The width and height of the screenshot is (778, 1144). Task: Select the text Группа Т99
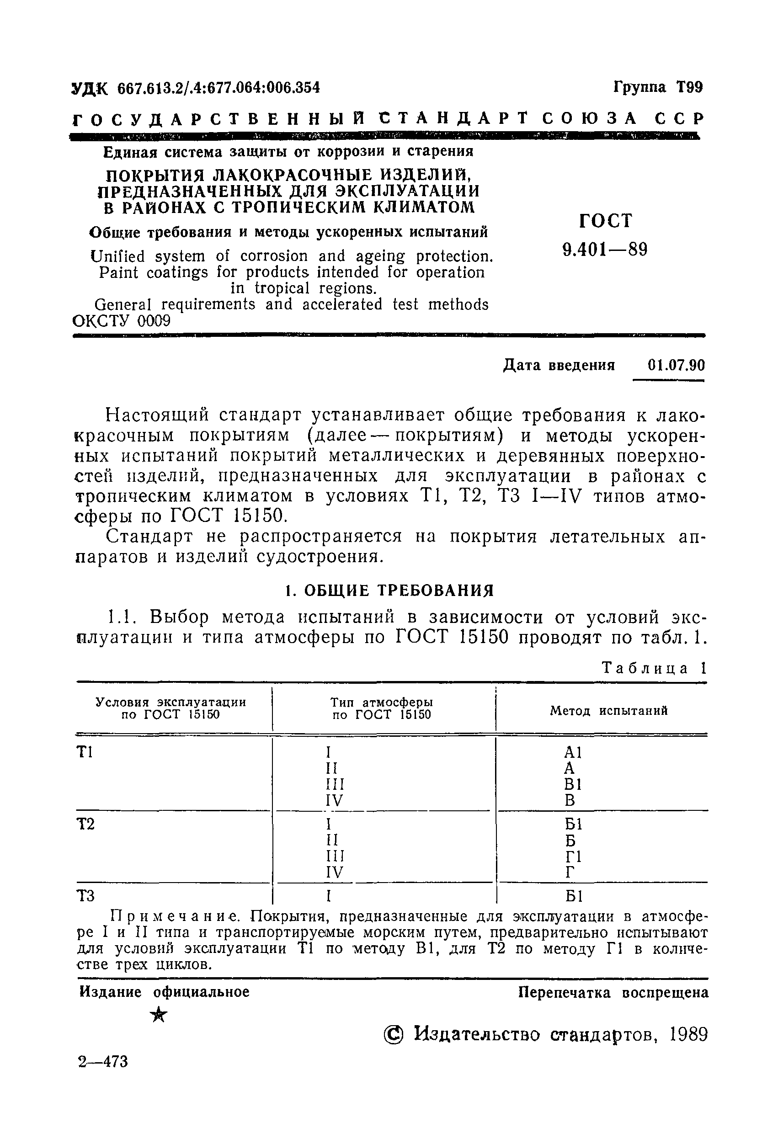tap(658, 88)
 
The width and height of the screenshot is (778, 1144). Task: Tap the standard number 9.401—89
tap(605, 250)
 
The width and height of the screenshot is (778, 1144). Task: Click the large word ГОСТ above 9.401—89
tap(605, 221)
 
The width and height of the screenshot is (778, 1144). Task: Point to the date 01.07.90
tap(676, 365)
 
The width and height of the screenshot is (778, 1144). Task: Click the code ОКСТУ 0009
tap(122, 321)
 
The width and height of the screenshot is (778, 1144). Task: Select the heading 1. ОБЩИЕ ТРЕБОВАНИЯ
tap(389, 590)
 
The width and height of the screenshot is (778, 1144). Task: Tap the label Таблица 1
tap(655, 668)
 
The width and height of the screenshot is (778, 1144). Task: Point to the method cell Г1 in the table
tap(573, 857)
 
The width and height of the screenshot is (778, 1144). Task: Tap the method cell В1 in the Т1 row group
tap(573, 784)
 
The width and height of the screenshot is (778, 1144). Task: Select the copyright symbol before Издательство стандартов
tap(394, 1035)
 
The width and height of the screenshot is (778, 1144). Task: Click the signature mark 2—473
tap(103, 1062)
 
